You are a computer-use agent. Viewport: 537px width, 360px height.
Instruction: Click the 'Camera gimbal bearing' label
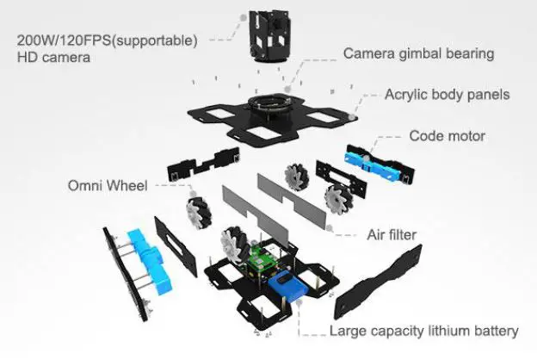418,53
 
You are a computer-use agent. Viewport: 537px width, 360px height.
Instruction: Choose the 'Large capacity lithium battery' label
424,331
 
